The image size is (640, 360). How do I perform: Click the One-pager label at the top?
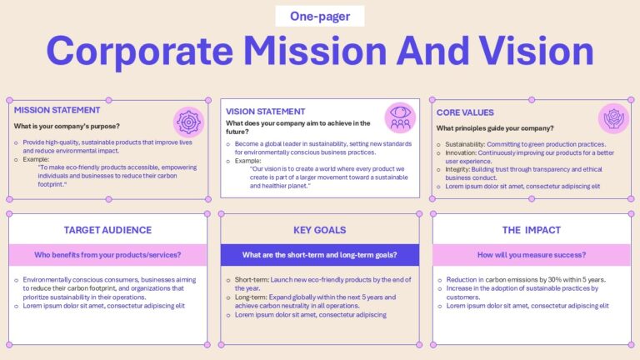[320, 16]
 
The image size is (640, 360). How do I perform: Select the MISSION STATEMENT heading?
[57, 109]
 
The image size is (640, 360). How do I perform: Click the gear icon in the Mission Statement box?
[188, 122]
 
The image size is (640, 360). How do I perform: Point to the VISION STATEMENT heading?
[265, 111]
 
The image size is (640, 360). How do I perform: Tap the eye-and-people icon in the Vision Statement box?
[400, 117]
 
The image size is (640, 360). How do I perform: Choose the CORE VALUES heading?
[465, 112]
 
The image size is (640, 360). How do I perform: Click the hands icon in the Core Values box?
[613, 118]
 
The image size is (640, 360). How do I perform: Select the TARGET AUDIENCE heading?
[107, 230]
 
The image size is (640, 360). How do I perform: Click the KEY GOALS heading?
[319, 230]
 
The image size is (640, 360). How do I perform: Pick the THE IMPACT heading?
[531, 230]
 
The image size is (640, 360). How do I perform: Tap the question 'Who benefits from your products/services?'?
[107, 254]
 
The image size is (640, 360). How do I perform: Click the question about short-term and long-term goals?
[319, 254]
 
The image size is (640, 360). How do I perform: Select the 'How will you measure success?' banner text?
[531, 254]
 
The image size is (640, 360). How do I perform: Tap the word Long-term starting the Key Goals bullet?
[251, 297]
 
